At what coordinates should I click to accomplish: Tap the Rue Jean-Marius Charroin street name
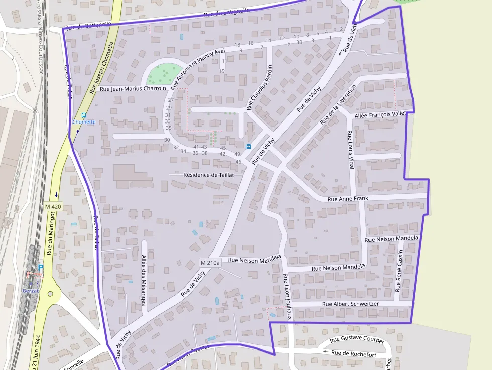click(133, 89)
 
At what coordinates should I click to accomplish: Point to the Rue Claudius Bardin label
click(259, 88)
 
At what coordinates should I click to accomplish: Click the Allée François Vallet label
click(380, 115)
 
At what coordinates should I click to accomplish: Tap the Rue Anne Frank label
click(348, 199)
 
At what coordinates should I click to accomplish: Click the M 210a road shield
click(210, 263)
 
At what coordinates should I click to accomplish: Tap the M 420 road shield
click(53, 206)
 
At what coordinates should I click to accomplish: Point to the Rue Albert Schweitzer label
click(350, 304)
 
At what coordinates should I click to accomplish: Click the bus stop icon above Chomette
click(84, 115)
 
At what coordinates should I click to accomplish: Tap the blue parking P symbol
click(41, 267)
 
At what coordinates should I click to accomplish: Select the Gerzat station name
click(30, 291)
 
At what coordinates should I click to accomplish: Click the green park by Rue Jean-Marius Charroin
click(164, 74)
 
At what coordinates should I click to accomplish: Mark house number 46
click(238, 162)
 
